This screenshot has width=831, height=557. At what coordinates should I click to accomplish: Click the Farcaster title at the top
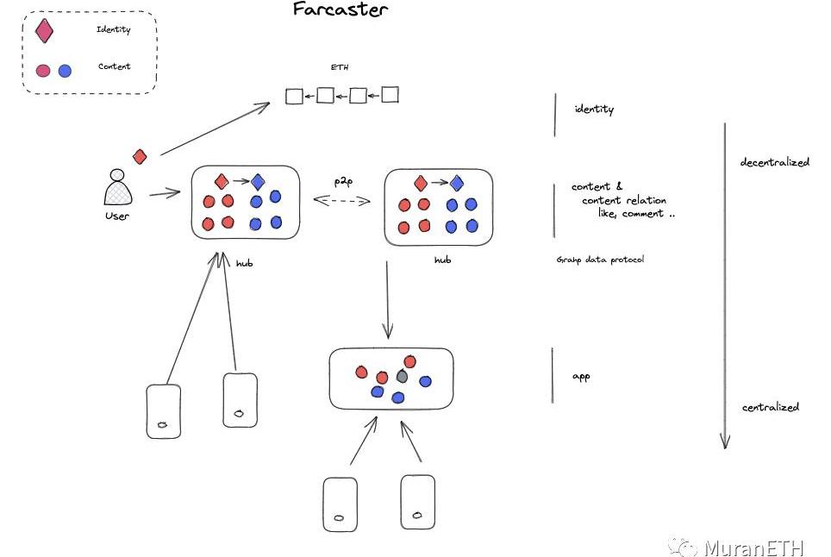(340, 10)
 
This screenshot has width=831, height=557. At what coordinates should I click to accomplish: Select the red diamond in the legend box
(44, 31)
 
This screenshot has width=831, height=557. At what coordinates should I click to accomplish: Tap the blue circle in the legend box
(65, 70)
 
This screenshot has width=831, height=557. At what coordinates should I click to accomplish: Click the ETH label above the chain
(340, 67)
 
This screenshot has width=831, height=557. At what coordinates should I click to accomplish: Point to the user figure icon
(116, 189)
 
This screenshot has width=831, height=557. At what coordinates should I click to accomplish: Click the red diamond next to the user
(140, 156)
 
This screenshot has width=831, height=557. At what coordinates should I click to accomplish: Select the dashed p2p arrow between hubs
(341, 200)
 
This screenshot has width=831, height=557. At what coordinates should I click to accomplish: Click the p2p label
(343, 181)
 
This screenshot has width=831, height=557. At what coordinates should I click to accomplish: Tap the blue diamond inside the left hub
(258, 182)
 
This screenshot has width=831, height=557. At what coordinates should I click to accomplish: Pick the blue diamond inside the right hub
(457, 183)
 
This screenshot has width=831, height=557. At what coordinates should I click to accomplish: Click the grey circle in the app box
(402, 377)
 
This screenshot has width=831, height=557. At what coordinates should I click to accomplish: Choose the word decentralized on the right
(775, 162)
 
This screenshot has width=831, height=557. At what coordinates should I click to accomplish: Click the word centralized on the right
(771, 407)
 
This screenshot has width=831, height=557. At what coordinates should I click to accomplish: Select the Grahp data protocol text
(600, 260)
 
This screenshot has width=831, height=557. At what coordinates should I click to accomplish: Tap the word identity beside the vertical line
(594, 110)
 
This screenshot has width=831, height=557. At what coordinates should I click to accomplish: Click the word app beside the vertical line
(581, 377)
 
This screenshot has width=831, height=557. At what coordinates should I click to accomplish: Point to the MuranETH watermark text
(753, 548)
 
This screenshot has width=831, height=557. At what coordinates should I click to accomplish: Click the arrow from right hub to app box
(387, 298)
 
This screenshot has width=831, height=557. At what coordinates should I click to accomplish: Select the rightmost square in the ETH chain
(390, 95)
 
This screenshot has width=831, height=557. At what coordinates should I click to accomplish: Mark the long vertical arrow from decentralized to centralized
(725, 285)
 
